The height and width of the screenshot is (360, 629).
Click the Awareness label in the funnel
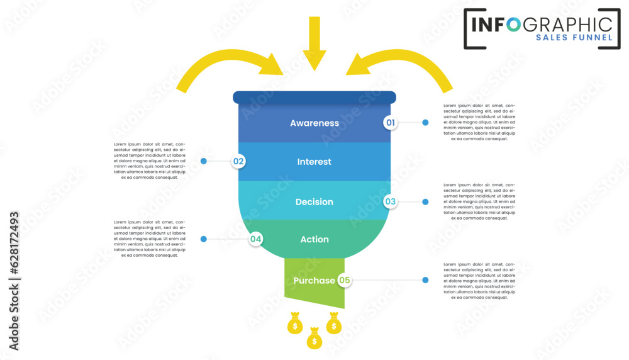(314, 123)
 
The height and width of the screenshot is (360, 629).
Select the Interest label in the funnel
(314, 162)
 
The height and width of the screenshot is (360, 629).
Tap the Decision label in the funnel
(314, 202)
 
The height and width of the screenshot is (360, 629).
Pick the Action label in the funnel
(314, 239)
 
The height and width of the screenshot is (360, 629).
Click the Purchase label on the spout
(314, 281)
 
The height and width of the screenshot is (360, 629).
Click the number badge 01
(391, 123)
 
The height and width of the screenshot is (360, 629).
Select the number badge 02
(238, 161)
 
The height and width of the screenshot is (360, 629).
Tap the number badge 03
(391, 202)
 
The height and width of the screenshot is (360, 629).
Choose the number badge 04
(255, 239)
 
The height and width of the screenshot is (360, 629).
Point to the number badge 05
(344, 280)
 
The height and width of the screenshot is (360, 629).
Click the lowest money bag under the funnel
(314, 340)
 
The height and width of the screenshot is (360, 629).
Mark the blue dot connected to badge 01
(425, 123)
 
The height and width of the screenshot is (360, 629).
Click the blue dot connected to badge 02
(204, 161)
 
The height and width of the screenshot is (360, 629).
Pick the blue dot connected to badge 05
(425, 280)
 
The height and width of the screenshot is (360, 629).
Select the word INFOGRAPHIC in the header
(542, 24)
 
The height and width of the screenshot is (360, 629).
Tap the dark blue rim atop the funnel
(314, 97)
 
